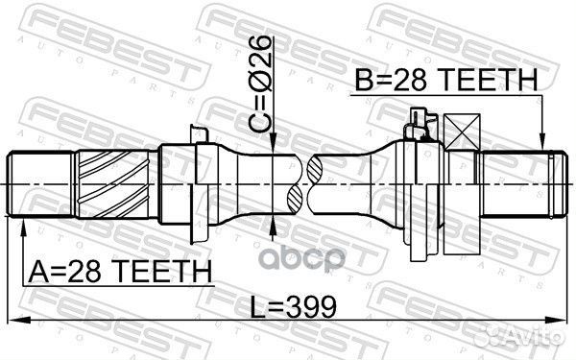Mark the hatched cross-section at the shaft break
294,183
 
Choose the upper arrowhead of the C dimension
275,148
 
